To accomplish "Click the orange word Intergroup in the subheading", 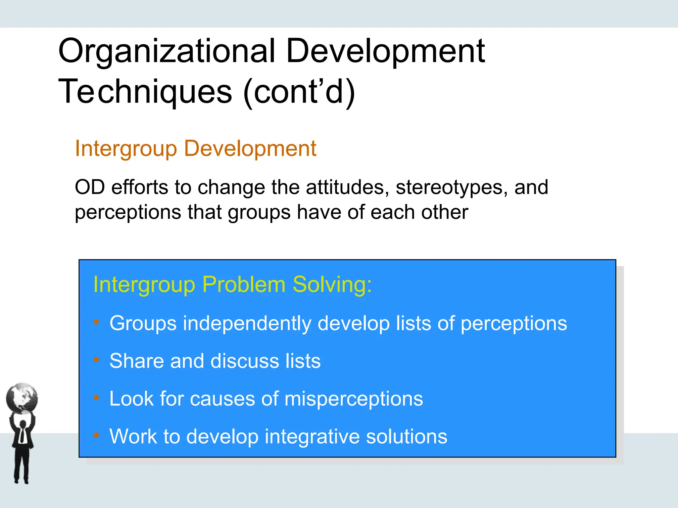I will pyautogui.click(x=126, y=148).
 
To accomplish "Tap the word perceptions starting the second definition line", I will pyautogui.click(x=128, y=212).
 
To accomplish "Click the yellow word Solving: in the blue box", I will pyautogui.click(x=332, y=284).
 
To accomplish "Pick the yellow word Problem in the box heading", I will pyautogui.click(x=244, y=284).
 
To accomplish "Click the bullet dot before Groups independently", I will pyautogui.click(x=96, y=322).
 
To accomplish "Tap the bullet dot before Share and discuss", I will pyautogui.click(x=96, y=360).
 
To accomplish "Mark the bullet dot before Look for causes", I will pyautogui.click(x=96, y=398).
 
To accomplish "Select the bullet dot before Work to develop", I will pyautogui.click(x=96, y=435).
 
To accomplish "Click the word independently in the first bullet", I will pyautogui.click(x=247, y=323).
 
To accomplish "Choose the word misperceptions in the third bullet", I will pyautogui.click(x=354, y=399).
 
